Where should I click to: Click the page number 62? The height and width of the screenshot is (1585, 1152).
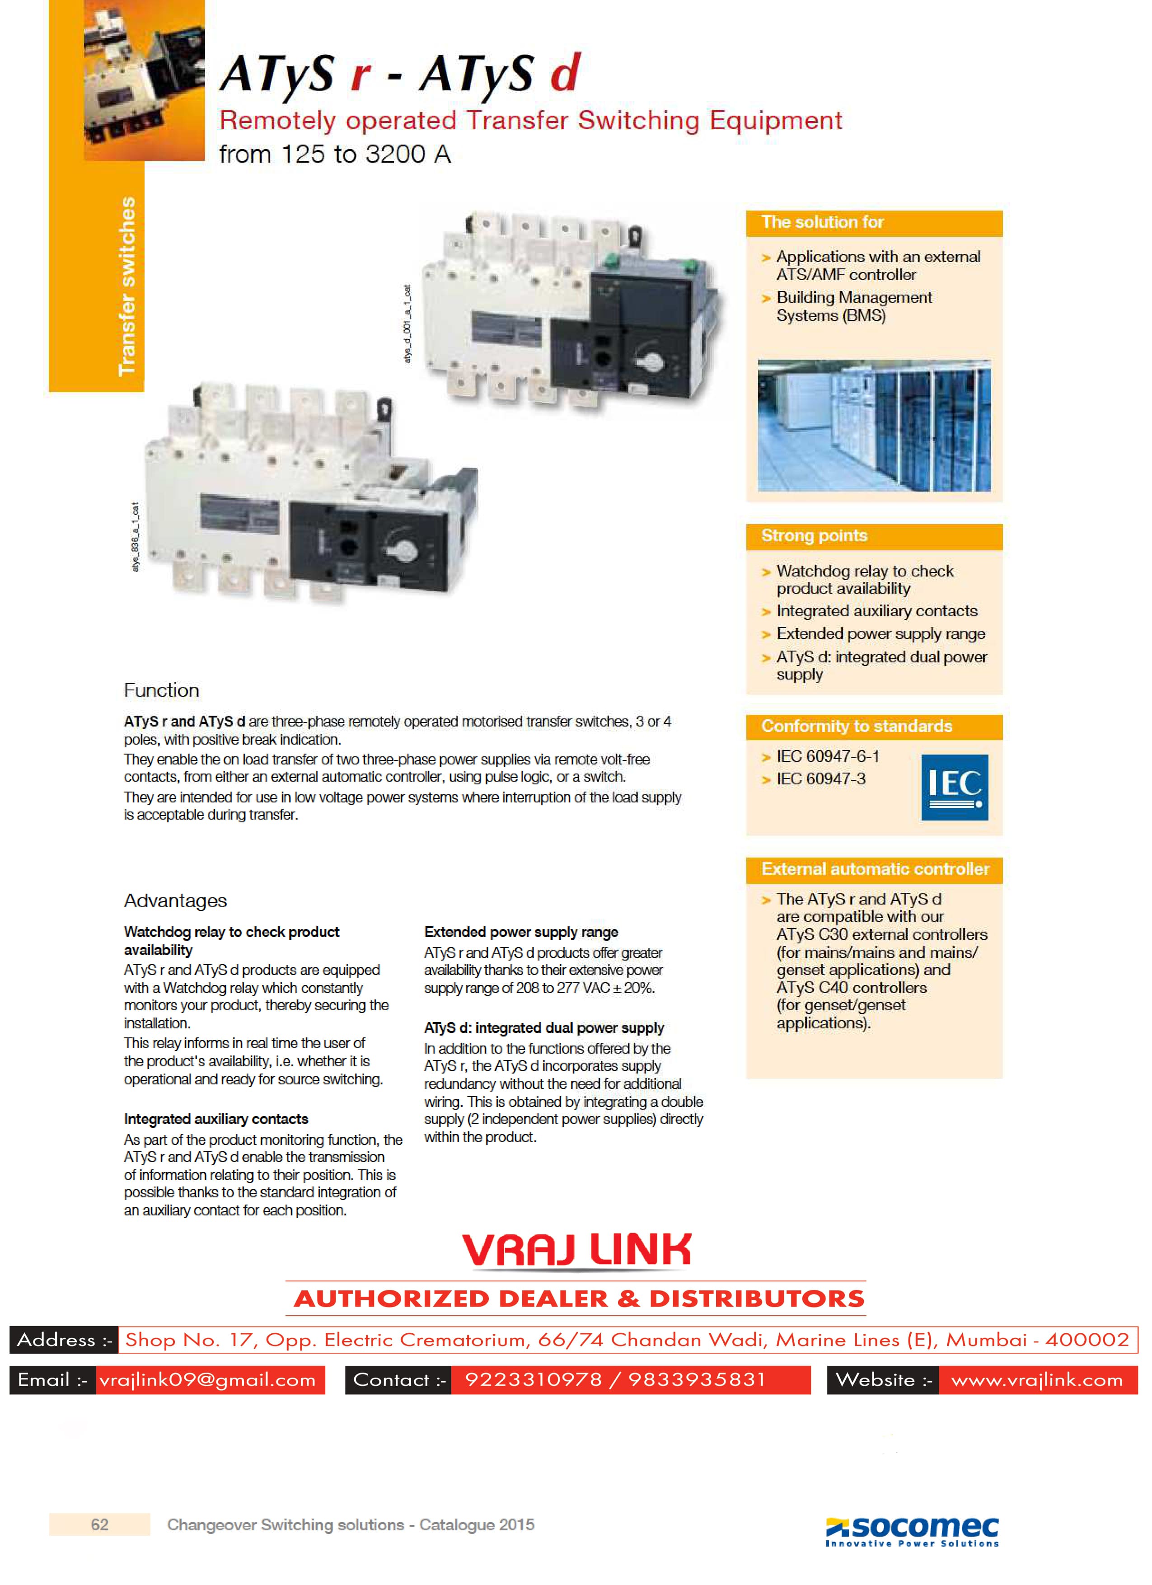100,1524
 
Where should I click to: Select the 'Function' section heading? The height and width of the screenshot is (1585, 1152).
161,690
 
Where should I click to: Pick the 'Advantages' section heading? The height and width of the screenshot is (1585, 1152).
175,901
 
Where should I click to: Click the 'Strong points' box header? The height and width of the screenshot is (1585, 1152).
814,536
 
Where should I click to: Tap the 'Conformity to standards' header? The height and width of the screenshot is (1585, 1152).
857,726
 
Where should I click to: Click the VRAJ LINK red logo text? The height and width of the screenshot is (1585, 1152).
576,1250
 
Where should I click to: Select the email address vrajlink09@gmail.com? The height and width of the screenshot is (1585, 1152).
207,1379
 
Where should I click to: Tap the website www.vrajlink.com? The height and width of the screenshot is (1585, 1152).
1037,1379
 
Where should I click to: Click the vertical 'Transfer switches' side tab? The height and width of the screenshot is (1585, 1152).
126,286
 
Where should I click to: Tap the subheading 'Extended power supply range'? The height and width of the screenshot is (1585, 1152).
521,932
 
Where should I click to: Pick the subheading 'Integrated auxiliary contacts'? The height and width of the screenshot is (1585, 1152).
216,1119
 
